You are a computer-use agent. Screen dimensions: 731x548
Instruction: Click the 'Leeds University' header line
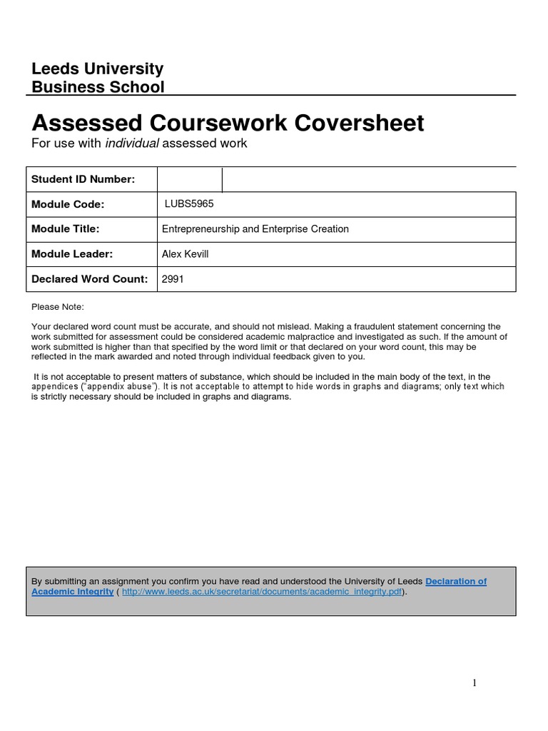pos(98,69)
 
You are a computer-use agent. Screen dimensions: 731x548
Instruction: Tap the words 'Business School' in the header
pos(98,87)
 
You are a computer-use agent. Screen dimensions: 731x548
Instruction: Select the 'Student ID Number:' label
pos(83,179)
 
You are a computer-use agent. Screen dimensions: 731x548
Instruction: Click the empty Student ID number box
pos(190,180)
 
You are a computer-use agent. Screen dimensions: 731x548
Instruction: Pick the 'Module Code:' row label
pos(68,204)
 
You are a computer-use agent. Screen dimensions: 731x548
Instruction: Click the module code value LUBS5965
pos(189,203)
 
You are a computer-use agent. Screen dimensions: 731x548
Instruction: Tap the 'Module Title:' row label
pos(65,229)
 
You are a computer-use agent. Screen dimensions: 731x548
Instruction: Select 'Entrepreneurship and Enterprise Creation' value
pos(255,229)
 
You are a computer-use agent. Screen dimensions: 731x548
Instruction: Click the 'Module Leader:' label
pos(72,254)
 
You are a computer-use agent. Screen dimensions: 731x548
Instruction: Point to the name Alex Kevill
pos(186,254)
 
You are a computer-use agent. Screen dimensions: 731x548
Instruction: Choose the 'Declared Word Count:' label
pos(89,279)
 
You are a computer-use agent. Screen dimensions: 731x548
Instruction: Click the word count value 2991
pos(173,279)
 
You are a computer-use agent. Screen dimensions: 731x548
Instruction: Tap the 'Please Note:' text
pos(58,306)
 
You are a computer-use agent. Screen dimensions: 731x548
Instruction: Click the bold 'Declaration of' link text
pos(456,581)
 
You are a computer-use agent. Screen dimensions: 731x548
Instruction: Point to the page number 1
pos(475,683)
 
